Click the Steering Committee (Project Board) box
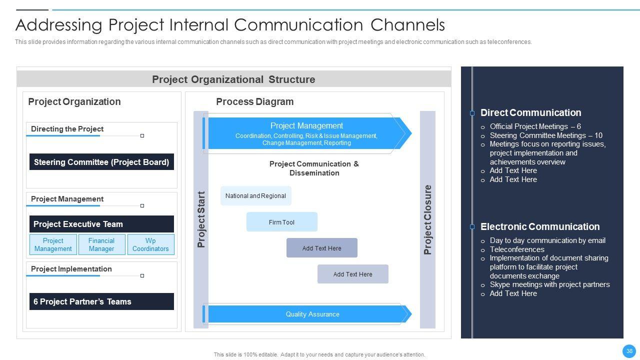[x=101, y=161]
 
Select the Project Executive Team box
[x=101, y=224]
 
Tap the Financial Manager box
[x=101, y=244]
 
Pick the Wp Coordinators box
[x=150, y=244]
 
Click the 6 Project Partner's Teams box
[x=101, y=301]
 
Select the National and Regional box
[x=255, y=195]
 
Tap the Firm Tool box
[x=281, y=222]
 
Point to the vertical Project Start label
[x=201, y=219]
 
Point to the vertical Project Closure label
[x=427, y=219]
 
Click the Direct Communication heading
[x=531, y=112]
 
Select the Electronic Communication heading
[x=540, y=226]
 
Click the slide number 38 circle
[x=629, y=351]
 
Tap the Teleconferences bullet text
[x=517, y=249]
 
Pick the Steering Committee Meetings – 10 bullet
[x=546, y=135]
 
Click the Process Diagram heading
[x=255, y=101]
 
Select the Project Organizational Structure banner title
[x=233, y=79]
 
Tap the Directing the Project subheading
[x=67, y=129]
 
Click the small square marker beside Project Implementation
[x=142, y=275]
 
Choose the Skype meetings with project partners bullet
[x=549, y=284]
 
